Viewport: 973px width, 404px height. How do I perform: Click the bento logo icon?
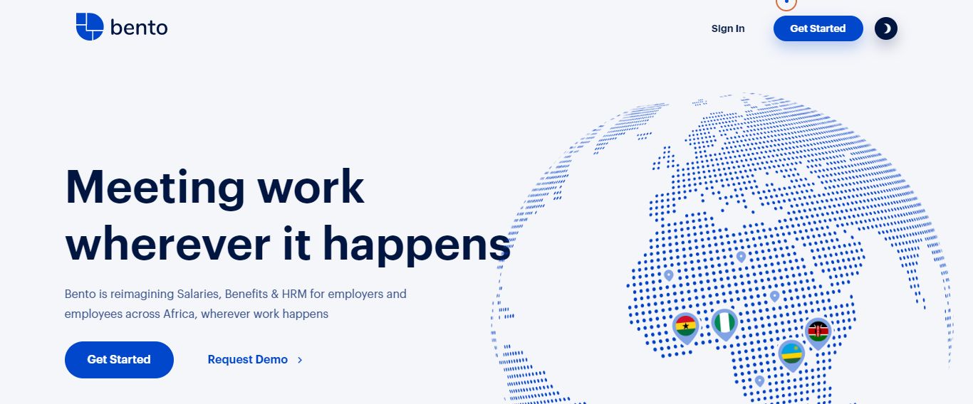coord(90,26)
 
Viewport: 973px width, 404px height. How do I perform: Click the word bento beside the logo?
coord(139,28)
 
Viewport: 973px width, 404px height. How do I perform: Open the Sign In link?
coord(728,28)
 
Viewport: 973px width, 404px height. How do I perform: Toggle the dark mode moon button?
coord(886,28)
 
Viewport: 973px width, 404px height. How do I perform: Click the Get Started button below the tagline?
coord(119,360)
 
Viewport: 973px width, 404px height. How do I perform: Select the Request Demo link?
coord(248,360)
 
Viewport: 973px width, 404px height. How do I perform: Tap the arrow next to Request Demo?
coord(300,360)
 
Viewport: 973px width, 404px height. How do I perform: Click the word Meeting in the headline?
coord(155,188)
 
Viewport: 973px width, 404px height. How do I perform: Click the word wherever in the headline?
coord(168,243)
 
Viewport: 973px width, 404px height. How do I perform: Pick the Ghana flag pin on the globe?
coord(686,328)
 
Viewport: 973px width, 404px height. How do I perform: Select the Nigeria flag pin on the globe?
coord(724,324)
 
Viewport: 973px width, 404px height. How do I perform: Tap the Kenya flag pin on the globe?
coord(818,333)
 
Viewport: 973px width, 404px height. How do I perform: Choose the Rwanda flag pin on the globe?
coord(791,355)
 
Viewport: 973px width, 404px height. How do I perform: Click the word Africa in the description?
coord(179,314)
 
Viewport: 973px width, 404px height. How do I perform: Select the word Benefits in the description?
coord(246,294)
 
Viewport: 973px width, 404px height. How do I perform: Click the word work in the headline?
coord(311,188)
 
